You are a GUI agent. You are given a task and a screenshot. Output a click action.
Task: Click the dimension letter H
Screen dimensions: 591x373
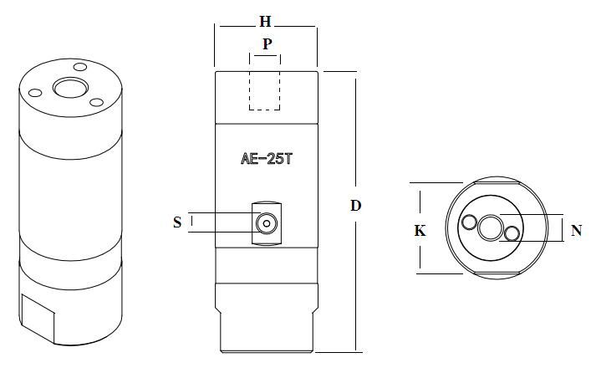265,22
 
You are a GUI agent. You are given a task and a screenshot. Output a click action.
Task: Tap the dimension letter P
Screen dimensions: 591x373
267,44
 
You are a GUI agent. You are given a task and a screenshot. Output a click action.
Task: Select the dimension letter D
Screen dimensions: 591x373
356,206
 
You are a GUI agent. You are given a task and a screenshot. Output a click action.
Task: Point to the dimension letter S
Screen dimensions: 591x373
177,222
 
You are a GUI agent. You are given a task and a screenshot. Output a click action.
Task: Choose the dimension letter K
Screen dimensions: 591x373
420,231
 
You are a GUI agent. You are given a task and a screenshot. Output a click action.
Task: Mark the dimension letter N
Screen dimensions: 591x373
576,230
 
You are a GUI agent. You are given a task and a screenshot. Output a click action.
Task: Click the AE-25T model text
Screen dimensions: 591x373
267,159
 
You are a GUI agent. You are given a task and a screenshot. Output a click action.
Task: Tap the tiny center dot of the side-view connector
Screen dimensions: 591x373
267,223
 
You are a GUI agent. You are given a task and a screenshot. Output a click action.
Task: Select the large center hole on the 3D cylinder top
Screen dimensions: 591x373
70,88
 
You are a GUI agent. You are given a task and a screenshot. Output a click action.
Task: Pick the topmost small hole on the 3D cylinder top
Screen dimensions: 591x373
80,67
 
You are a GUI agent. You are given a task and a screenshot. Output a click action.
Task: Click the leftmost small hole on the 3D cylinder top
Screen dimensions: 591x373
35,93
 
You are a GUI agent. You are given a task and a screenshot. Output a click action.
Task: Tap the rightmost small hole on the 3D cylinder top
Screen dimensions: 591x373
96,102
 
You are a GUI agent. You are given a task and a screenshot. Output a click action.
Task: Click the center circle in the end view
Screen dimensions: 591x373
490,227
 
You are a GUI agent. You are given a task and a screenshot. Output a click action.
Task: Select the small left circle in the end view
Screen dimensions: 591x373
470,222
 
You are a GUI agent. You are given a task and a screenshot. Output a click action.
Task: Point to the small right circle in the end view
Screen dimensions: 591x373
512,233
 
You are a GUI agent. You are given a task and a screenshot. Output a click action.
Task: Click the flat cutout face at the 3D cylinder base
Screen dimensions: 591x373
38,317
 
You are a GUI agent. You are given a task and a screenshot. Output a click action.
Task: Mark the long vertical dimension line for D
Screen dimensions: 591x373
356,212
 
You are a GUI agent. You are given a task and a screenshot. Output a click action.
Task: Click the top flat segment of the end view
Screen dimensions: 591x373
497,182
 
